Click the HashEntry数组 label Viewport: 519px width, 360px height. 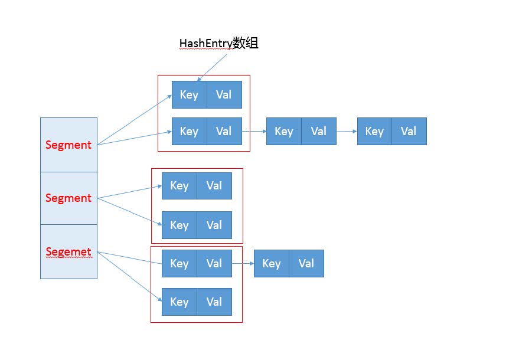(x=218, y=43)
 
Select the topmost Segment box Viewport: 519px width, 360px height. (x=68, y=145)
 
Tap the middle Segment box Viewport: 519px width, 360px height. (x=68, y=198)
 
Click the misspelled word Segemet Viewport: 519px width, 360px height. (x=68, y=252)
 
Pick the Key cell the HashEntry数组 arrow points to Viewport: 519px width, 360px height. (x=189, y=95)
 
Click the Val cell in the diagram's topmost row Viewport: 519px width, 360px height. (x=224, y=95)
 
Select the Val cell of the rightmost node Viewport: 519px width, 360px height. (x=409, y=131)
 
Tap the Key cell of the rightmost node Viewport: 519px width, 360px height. (x=374, y=131)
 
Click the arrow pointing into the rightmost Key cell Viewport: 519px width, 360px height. (x=346, y=131)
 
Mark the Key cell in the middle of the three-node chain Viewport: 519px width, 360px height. (x=284, y=131)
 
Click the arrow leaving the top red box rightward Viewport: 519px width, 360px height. (x=254, y=131)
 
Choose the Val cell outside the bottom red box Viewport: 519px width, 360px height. (x=306, y=263)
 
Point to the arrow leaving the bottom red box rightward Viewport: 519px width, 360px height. (x=243, y=263)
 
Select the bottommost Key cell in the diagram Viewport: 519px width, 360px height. (x=179, y=302)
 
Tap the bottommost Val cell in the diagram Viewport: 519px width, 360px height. (x=214, y=302)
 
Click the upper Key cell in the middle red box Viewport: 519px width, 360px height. (x=179, y=185)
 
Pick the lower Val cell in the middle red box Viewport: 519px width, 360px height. (x=214, y=225)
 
